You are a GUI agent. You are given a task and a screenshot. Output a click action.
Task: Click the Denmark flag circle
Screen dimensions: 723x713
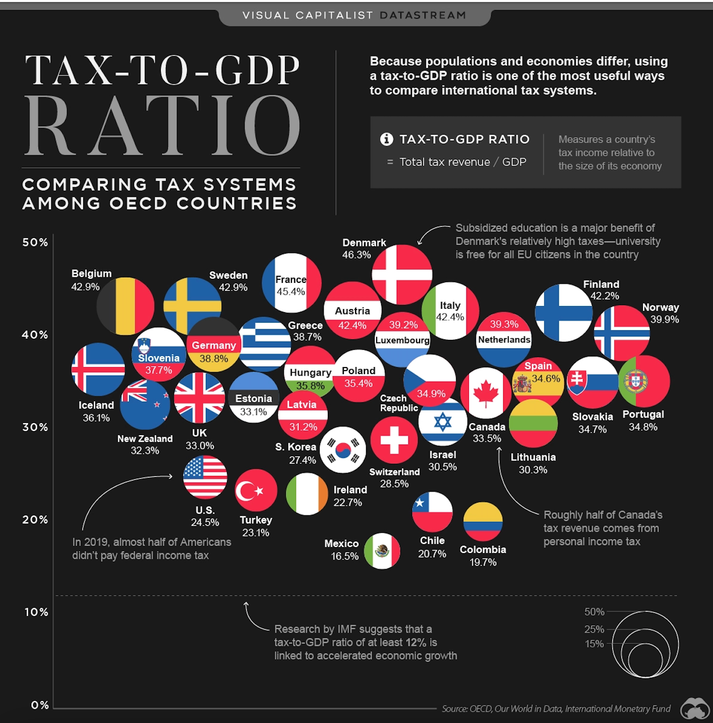pos(402,274)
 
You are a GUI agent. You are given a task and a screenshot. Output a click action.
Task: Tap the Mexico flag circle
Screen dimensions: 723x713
pos(382,551)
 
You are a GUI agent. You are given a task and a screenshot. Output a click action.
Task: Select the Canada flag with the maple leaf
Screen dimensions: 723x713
pos(486,393)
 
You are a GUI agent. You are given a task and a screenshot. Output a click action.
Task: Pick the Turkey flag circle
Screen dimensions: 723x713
pos(256,490)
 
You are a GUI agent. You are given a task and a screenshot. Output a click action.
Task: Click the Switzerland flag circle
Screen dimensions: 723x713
pos(394,440)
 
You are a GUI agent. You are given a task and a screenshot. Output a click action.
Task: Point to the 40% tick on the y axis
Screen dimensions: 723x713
pos(35,335)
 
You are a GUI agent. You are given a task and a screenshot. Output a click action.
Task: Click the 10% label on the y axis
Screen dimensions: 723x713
pos(36,612)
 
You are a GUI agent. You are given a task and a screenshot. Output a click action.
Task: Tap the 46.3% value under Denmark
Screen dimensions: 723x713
pos(356,255)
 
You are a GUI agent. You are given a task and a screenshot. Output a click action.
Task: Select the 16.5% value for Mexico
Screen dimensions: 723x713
pos(344,556)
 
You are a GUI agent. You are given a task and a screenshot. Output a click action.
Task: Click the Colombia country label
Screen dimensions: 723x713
pos(483,550)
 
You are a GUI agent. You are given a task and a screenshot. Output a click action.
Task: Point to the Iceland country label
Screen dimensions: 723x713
pos(96,405)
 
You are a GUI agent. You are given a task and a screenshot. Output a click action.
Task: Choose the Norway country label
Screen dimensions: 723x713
pos(661,307)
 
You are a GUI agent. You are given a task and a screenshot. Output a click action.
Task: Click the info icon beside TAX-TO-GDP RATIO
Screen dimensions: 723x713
pos(387,139)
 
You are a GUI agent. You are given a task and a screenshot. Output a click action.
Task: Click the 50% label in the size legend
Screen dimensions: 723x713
pos(594,612)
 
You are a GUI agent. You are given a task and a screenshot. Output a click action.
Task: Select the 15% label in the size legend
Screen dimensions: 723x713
pos(594,644)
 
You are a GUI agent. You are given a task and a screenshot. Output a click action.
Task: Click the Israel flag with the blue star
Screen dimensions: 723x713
pos(443,423)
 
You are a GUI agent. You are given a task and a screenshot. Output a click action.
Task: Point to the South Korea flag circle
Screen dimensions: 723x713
pos(343,450)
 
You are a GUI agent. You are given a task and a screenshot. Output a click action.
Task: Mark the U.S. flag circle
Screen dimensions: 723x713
pos(205,477)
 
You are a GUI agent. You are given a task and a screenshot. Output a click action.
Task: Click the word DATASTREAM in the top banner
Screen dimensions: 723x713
pos(423,15)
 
